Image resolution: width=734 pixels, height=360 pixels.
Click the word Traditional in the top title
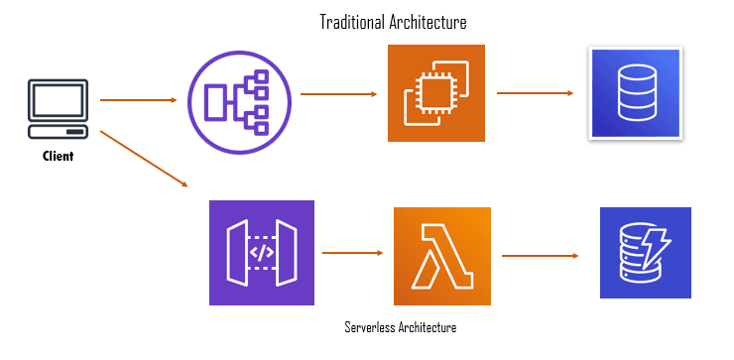click(351, 22)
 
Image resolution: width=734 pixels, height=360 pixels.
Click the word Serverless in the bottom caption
click(370, 326)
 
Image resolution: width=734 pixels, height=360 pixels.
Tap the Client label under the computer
click(59, 156)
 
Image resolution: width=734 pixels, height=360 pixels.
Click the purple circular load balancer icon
click(239, 102)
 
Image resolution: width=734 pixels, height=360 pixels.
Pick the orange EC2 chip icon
click(436, 92)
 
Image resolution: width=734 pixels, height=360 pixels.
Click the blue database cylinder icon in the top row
click(636, 92)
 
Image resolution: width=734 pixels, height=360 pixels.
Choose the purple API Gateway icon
click(262, 253)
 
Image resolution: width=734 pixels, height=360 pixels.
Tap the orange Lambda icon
click(442, 256)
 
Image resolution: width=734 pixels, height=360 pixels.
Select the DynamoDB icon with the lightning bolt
click(646, 253)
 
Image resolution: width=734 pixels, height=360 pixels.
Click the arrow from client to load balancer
click(139, 100)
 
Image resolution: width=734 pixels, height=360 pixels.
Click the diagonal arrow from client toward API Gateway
click(144, 159)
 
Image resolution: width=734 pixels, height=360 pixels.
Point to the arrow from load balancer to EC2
click(338, 94)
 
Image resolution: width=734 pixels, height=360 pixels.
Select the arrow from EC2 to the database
click(535, 93)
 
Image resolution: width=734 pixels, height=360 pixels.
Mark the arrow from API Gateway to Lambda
click(352, 253)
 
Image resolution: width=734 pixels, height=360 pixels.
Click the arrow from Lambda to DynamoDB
click(541, 256)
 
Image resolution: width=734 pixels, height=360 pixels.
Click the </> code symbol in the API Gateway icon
click(261, 253)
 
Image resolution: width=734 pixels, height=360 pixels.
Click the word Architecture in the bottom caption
click(428, 326)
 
